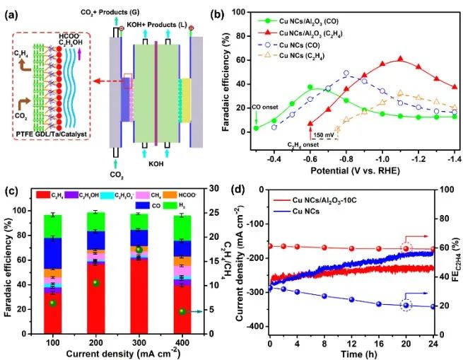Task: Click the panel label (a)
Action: click(x=16, y=14)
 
